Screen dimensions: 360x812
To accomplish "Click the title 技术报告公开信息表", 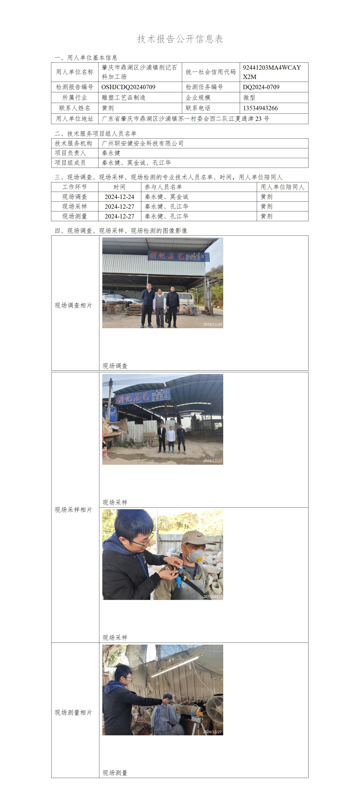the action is [180, 39].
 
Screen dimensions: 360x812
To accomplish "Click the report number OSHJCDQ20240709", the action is [128, 87].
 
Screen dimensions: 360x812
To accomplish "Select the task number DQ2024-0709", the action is [261, 87].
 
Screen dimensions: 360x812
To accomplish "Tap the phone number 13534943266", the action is [260, 108].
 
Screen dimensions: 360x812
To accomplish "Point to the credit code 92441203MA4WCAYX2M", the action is [272, 72].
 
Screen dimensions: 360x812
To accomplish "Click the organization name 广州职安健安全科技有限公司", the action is [142, 143].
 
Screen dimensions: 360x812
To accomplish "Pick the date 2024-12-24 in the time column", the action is [120, 197].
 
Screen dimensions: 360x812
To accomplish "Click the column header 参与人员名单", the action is [163, 187].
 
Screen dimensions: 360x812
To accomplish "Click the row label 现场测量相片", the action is [73, 712].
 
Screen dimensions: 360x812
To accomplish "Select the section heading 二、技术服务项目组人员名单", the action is [95, 134].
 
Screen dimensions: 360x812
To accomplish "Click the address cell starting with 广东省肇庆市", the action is [185, 119].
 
